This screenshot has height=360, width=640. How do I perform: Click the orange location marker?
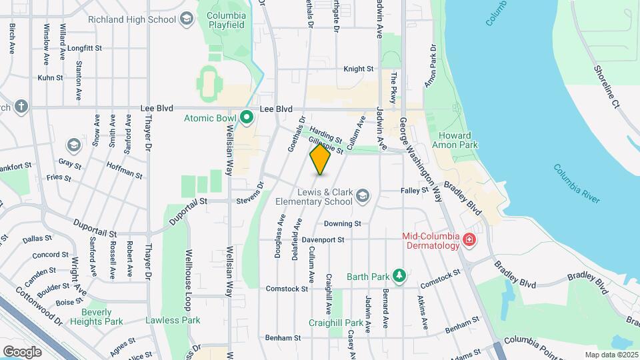click(320, 159)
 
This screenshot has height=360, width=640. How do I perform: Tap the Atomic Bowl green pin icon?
click(246, 119)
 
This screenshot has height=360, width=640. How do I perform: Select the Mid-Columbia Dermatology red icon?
click(469, 239)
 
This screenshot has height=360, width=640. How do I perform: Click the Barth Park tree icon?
click(399, 275)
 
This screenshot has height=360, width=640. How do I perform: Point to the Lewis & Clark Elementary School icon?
click(363, 195)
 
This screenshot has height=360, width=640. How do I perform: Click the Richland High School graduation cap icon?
click(188, 19)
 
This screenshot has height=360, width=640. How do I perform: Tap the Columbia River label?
click(577, 183)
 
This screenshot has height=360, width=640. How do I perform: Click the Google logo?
click(22, 351)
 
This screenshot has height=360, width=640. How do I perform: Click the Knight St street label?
click(359, 69)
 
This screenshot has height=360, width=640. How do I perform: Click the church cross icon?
click(21, 107)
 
